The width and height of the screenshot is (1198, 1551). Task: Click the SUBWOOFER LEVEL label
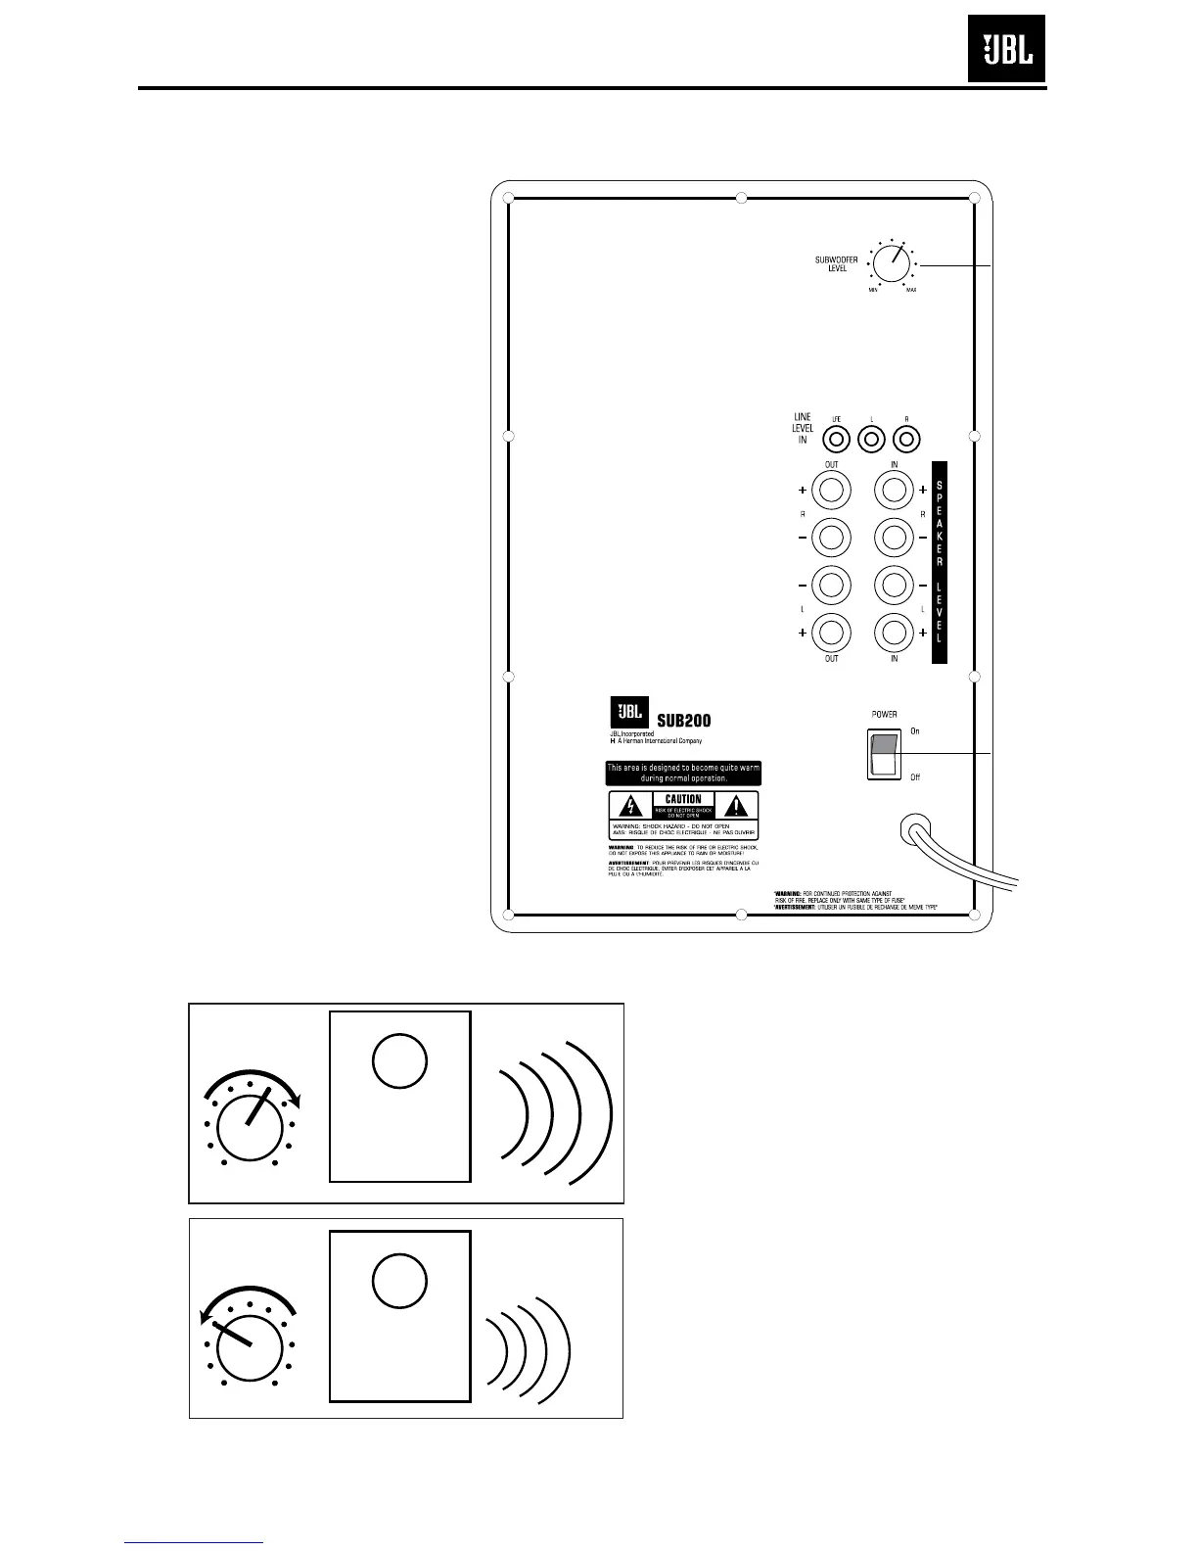[x=837, y=263]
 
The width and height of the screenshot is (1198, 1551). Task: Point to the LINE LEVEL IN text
[x=803, y=429]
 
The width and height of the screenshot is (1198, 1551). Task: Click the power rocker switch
[x=884, y=756]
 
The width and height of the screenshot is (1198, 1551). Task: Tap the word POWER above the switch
[x=884, y=715]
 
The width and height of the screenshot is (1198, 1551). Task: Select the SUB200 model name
[x=684, y=720]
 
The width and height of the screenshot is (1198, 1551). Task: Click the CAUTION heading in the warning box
[x=683, y=799]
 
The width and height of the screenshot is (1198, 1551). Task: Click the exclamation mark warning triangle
[x=737, y=806]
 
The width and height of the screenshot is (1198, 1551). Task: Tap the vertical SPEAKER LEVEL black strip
[x=939, y=563]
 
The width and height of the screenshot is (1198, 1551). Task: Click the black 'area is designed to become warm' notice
[x=683, y=773]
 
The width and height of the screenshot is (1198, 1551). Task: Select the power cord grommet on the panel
[x=914, y=832]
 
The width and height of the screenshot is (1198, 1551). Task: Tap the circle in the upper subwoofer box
[x=400, y=1060]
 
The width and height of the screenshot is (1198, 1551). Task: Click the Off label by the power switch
[x=915, y=777]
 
